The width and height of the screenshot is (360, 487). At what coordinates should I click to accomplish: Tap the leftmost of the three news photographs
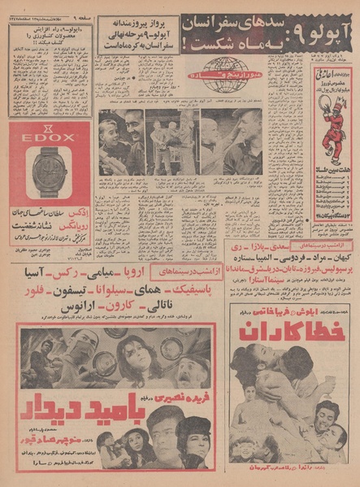pos(122,144)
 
